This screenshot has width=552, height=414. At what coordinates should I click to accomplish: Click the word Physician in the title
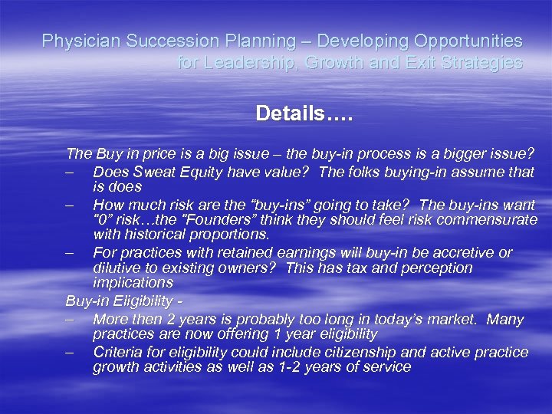click(74, 41)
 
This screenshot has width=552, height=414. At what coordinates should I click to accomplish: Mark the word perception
click(435, 268)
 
